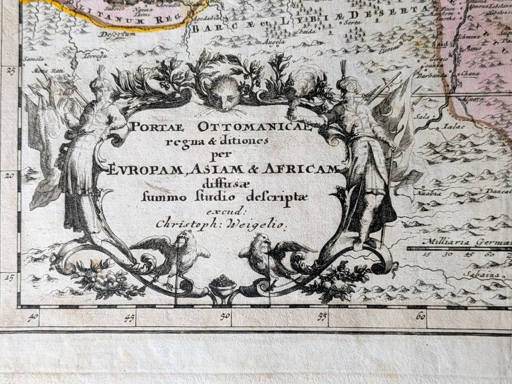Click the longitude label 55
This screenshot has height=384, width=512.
pos(322,316)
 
